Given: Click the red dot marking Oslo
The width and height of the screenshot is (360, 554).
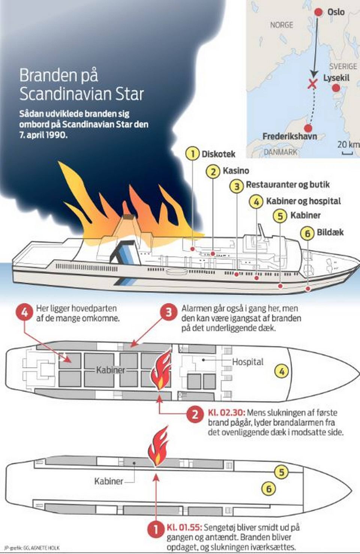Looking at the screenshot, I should pos(318,12).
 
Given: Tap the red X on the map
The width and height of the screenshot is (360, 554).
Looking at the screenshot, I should pos(312,84).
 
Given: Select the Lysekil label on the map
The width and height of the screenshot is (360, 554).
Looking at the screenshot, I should pos(336,78).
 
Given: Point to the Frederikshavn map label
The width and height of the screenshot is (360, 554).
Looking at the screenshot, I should pos(289,136).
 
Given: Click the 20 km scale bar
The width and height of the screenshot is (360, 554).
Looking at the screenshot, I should pos(347,153).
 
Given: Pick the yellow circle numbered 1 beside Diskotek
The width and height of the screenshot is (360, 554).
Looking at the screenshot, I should pos(192,154).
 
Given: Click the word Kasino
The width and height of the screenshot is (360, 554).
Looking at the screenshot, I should pos(235,171).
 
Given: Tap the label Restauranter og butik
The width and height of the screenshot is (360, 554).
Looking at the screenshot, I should pos(288,185).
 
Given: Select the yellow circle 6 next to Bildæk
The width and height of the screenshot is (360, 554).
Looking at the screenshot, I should pos(307,233).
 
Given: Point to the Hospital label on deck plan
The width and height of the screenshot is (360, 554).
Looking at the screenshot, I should pos(247,362).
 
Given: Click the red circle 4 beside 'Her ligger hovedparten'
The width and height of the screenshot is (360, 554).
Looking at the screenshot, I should pos(25,312).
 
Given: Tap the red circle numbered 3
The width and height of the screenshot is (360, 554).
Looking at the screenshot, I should pos(168,312).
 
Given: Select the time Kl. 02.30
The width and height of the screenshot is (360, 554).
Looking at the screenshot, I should pos(226,413).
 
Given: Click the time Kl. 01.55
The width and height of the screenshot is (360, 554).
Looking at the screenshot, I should pos(184,527).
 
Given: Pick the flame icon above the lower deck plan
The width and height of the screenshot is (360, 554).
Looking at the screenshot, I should pos(158,447).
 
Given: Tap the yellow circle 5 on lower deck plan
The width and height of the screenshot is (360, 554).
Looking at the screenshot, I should pos(281,472).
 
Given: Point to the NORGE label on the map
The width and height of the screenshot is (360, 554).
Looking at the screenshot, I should pos(282,25).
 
